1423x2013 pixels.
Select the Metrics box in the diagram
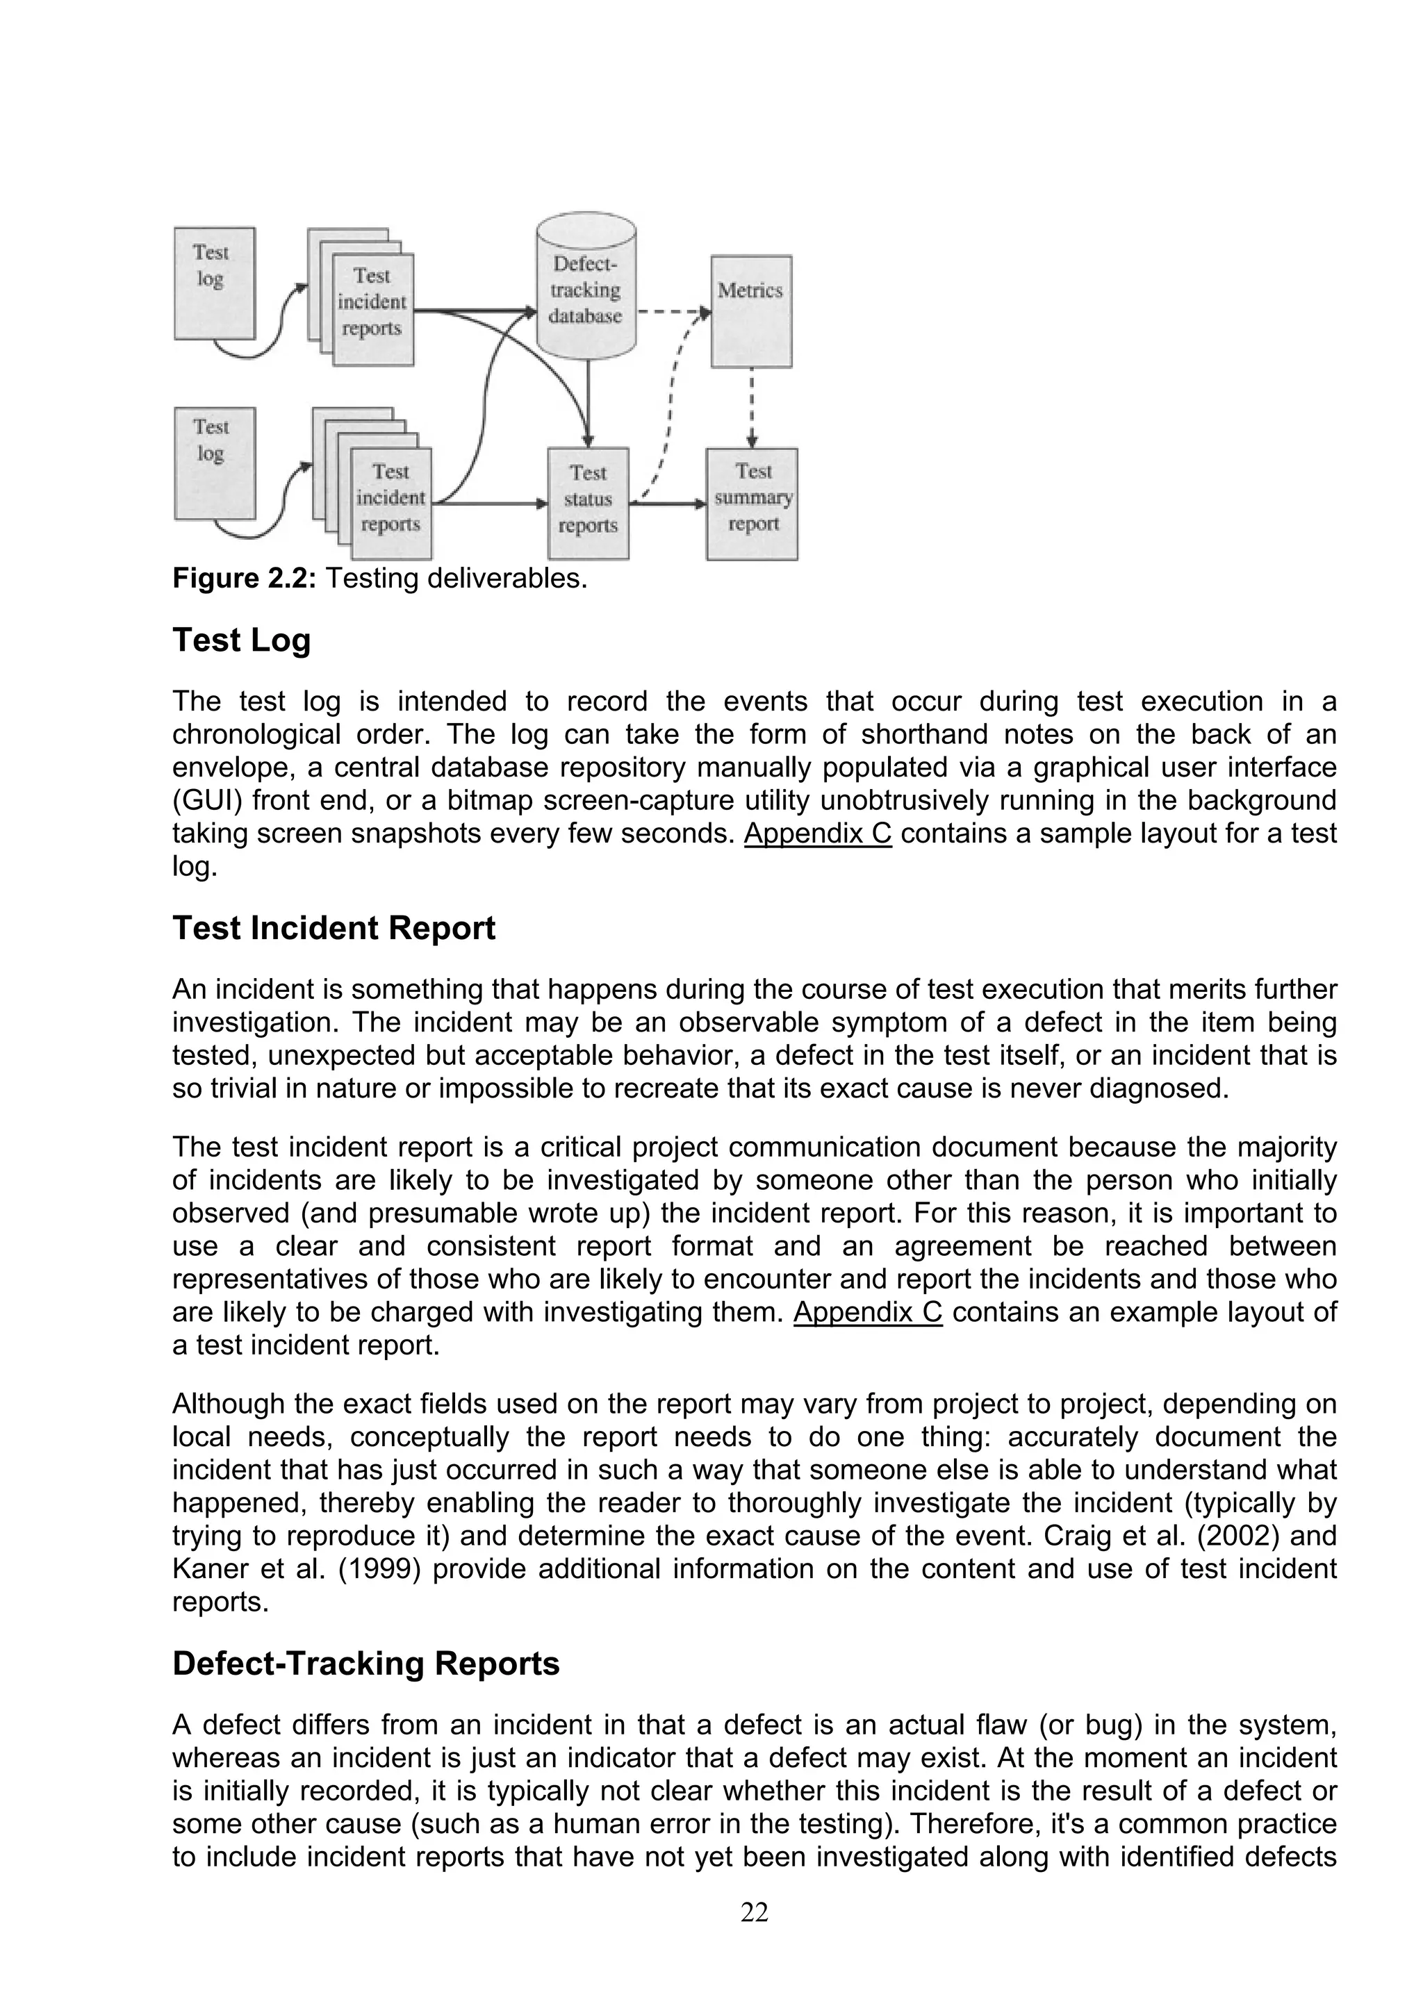(750, 311)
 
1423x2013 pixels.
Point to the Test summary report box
(752, 502)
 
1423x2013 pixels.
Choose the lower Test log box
(214, 462)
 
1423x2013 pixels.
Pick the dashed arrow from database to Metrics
(673, 311)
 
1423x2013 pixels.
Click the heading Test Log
(241, 640)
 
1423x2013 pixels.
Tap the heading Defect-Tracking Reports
(365, 1663)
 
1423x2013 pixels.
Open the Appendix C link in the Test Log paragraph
(817, 833)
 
